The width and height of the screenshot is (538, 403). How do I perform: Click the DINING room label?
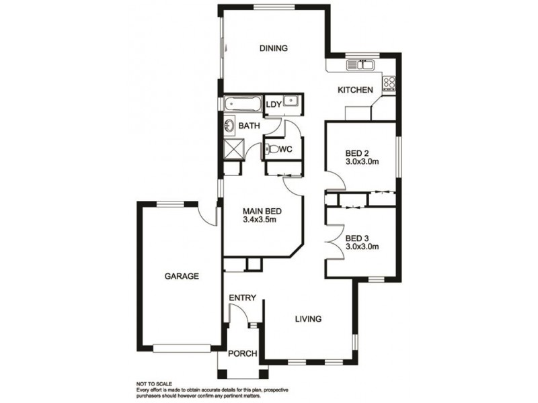click(274, 48)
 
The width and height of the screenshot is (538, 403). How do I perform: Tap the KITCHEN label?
click(356, 90)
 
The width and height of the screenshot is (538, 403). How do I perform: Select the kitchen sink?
click(360, 64)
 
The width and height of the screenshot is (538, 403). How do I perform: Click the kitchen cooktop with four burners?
click(389, 83)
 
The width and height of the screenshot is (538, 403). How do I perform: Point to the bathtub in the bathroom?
click(243, 103)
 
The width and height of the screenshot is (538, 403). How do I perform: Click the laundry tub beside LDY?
click(291, 101)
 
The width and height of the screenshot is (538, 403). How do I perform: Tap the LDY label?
click(274, 105)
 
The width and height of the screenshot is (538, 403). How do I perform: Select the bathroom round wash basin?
click(229, 126)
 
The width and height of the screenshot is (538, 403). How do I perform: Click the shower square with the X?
click(234, 149)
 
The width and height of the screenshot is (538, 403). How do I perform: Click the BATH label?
click(249, 126)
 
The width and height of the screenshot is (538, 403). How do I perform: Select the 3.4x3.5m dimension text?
click(260, 220)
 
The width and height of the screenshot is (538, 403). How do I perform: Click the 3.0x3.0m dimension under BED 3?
click(362, 247)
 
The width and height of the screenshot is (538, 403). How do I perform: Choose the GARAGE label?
click(182, 276)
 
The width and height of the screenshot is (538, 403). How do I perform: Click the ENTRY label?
click(243, 298)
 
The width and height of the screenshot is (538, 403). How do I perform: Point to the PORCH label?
click(243, 353)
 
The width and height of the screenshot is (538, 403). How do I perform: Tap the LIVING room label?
click(309, 318)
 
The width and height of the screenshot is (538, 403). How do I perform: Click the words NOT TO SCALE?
click(154, 384)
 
